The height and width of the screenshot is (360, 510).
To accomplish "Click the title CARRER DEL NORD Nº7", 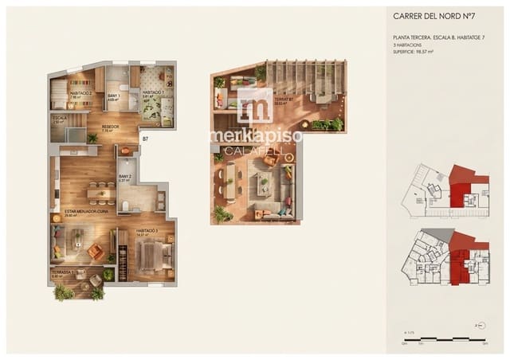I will [433, 15].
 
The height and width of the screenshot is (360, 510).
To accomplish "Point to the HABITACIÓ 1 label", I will [153, 93].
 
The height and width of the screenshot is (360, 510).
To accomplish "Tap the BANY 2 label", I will [124, 178].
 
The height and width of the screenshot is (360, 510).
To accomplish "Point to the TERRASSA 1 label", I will [63, 273].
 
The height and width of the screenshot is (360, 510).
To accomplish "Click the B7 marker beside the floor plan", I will [145, 139].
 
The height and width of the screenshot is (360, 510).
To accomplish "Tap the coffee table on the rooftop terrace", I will [264, 185].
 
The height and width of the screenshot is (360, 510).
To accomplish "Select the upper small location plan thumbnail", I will [447, 191].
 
